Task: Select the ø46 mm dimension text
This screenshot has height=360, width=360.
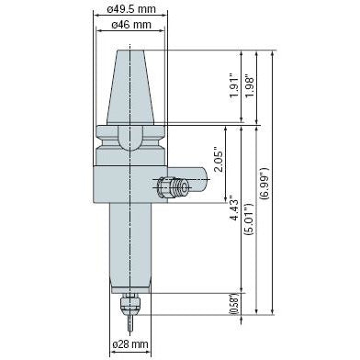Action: pyautogui.click(x=132, y=27)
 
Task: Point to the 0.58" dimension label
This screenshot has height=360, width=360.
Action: pyautogui.click(x=234, y=304)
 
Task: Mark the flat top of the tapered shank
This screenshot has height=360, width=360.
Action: pyautogui.click(x=132, y=51)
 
